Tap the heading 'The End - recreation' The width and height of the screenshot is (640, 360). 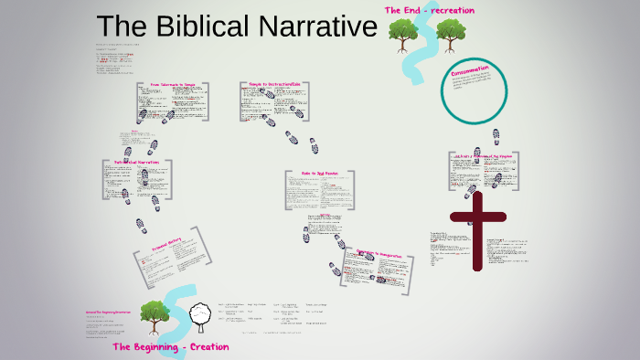(x=429, y=10)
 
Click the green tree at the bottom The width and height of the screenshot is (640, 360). (x=154, y=316)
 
